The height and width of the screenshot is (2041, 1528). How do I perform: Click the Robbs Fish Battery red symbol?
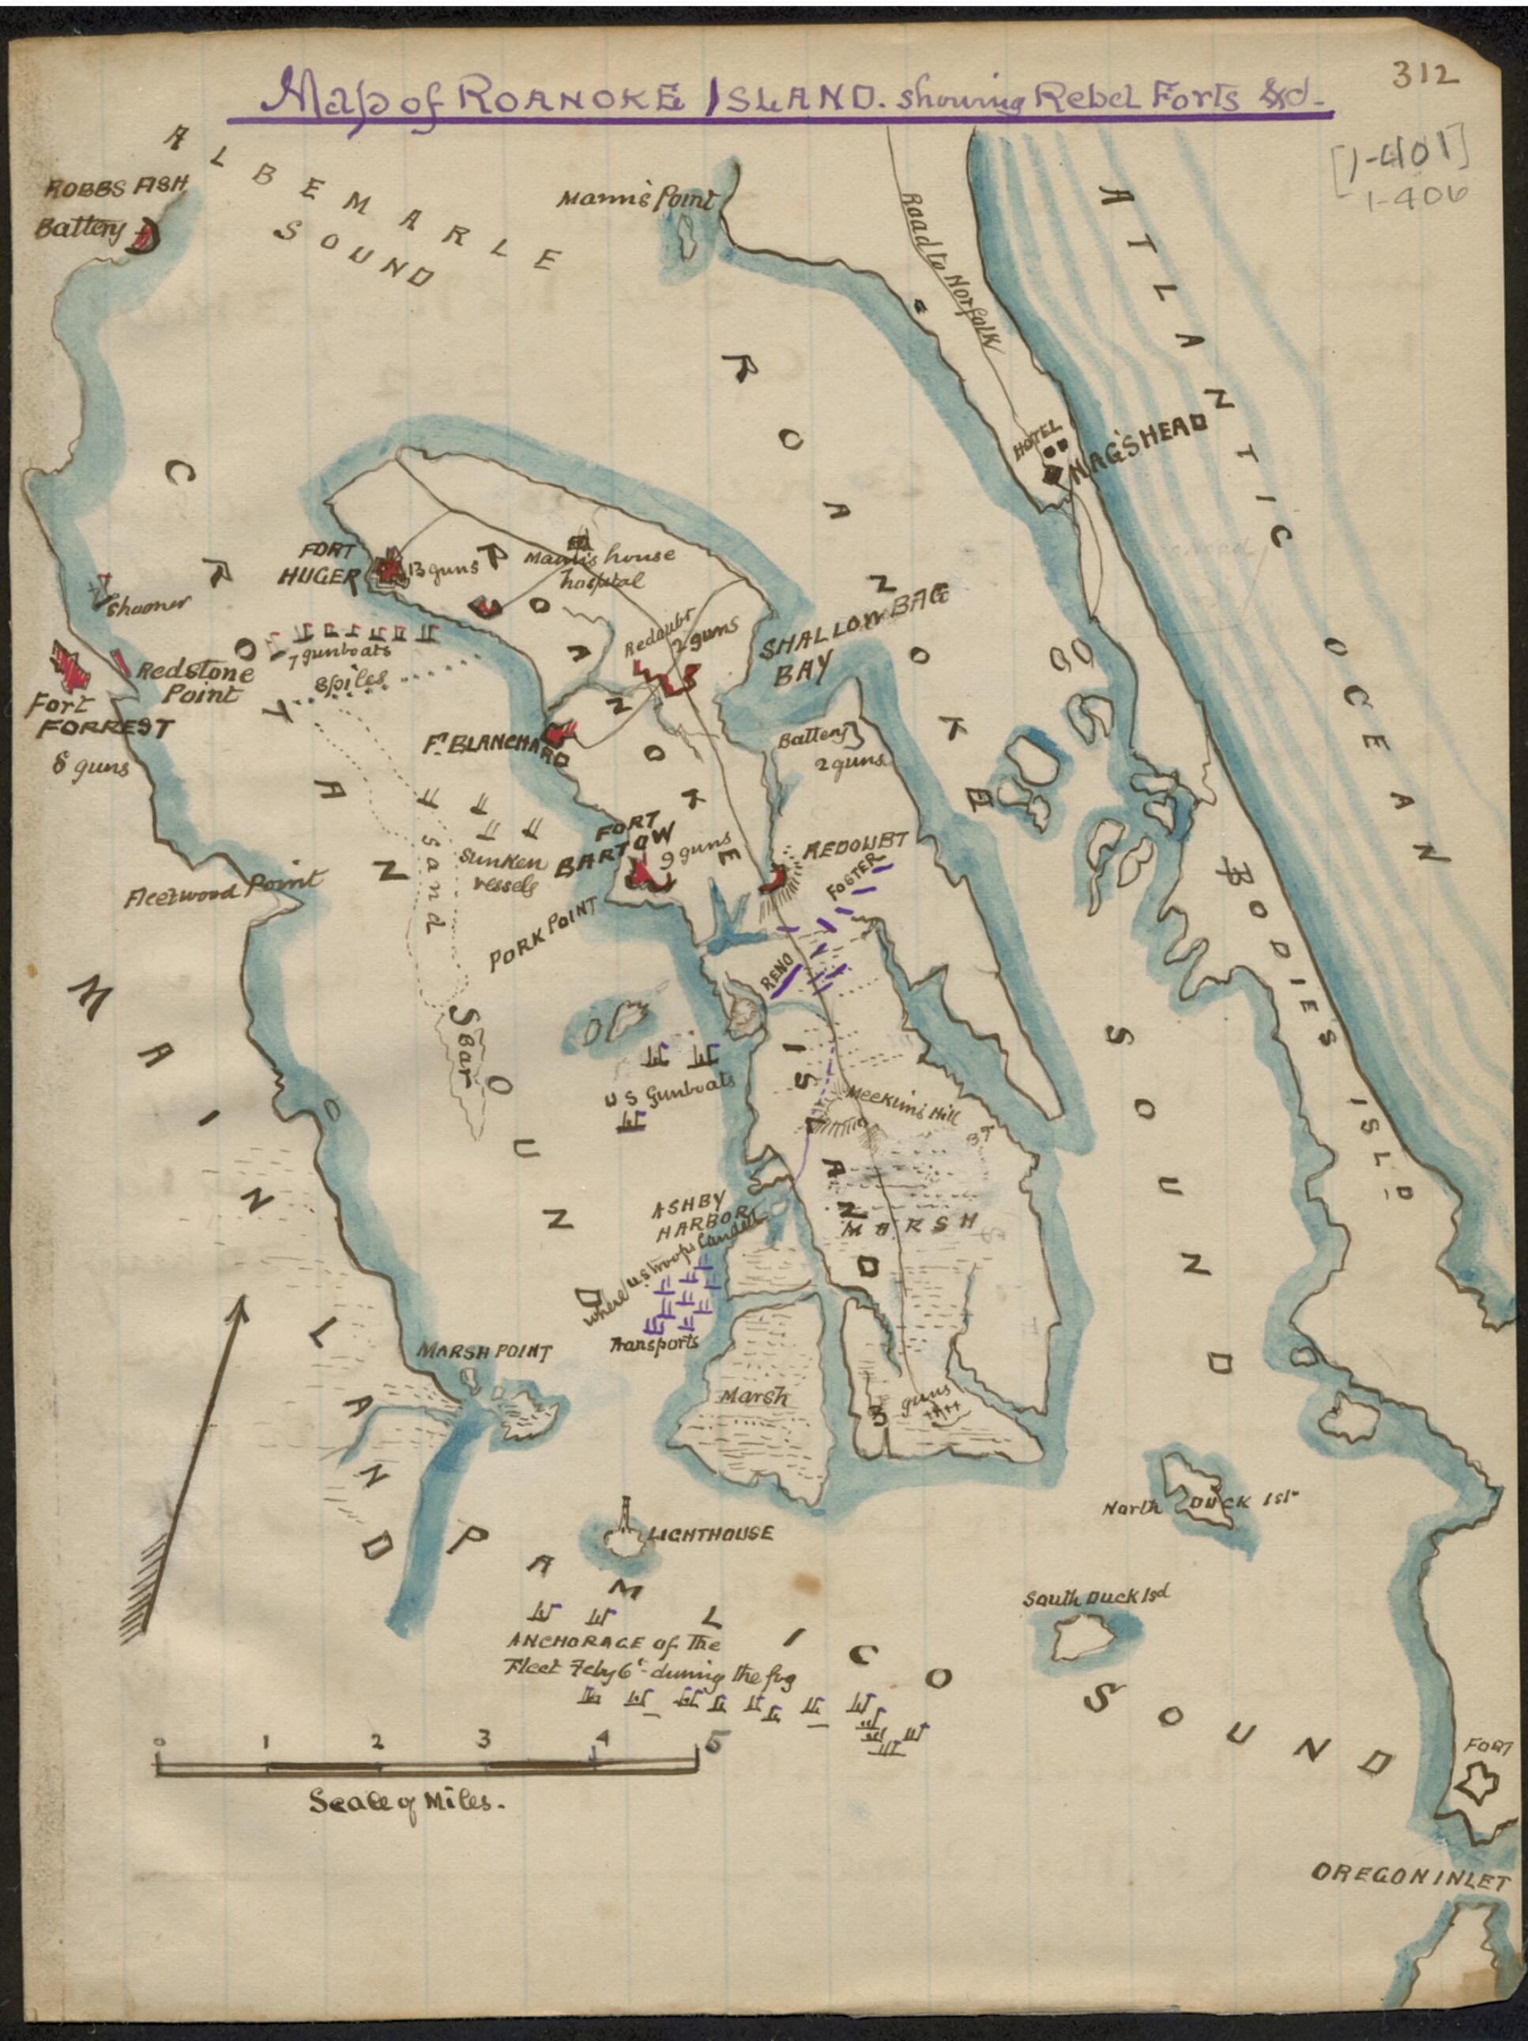pos(143,238)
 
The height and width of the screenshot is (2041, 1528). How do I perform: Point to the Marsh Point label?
pos(484,1351)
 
